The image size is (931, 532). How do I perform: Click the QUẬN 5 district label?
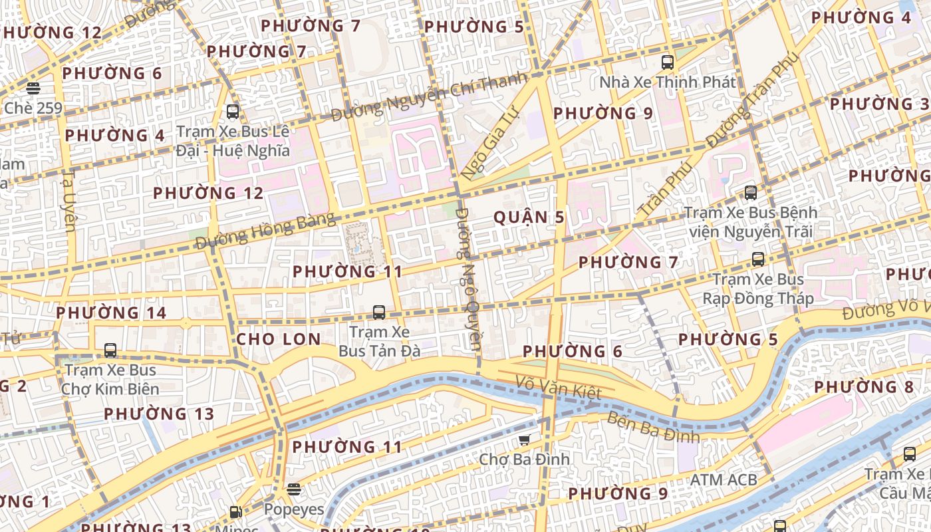pyautogui.click(x=529, y=217)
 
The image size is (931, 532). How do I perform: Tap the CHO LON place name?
pyautogui.click(x=279, y=339)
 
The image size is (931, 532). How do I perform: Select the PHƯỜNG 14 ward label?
pyautogui.click(x=111, y=313)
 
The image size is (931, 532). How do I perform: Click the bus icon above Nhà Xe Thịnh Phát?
pyautogui.click(x=668, y=63)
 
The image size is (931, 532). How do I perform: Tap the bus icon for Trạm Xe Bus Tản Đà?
pyautogui.click(x=379, y=312)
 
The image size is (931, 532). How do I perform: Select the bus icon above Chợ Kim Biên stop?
pyautogui.click(x=110, y=350)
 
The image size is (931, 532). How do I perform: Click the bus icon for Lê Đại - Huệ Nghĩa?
pyautogui.click(x=233, y=112)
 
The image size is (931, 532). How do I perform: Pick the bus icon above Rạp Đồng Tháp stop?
pyautogui.click(x=758, y=259)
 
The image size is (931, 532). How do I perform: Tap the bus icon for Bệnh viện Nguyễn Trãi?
pyautogui.click(x=751, y=193)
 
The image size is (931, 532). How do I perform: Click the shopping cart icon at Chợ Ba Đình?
pyautogui.click(x=525, y=440)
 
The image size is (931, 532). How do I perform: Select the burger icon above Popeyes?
pyautogui.click(x=294, y=489)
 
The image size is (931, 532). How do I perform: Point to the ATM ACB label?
pyautogui.click(x=723, y=479)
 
